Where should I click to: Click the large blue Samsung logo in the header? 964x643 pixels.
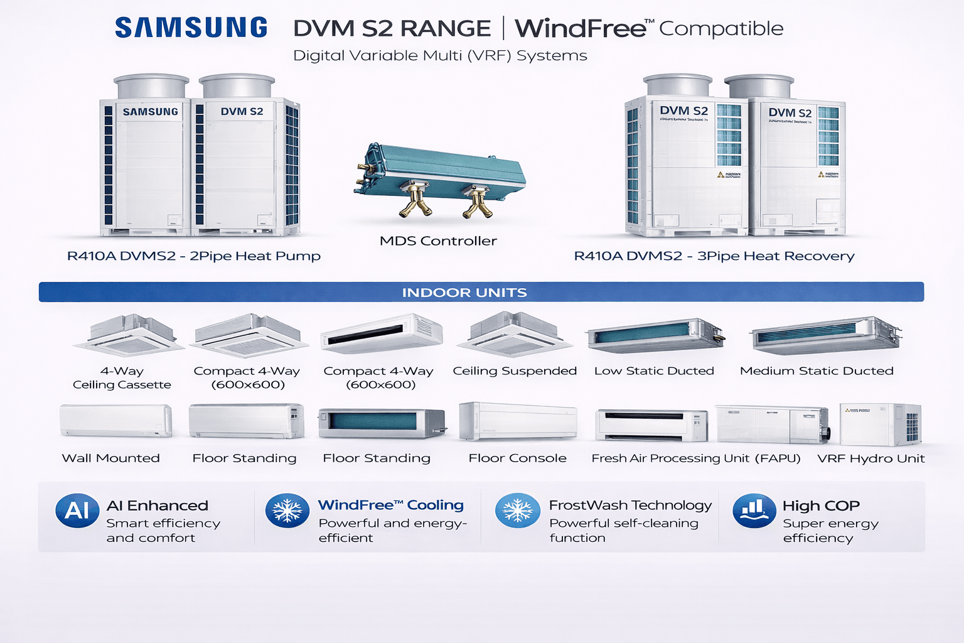191,28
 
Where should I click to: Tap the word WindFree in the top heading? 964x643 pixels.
581,29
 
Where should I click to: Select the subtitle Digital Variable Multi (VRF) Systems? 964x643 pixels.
440,56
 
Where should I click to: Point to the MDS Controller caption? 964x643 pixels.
438,241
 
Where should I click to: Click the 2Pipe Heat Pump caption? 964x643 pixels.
193,256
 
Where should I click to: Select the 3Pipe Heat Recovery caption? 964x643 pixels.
714,256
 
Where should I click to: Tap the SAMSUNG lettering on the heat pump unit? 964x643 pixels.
151,112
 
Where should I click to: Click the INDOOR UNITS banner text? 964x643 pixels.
464,293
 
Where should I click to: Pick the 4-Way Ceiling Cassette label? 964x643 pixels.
122,378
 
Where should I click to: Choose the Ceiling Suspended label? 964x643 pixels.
515,371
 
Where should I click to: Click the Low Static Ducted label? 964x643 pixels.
654,371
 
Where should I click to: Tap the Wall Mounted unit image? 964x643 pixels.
115,420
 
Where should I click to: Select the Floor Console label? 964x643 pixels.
517,458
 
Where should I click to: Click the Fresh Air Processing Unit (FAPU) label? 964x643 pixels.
696,458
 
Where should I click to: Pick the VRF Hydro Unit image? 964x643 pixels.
881,425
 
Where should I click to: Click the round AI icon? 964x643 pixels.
77,511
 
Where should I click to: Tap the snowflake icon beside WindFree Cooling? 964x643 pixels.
287,511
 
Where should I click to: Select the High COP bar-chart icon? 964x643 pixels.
754,511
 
